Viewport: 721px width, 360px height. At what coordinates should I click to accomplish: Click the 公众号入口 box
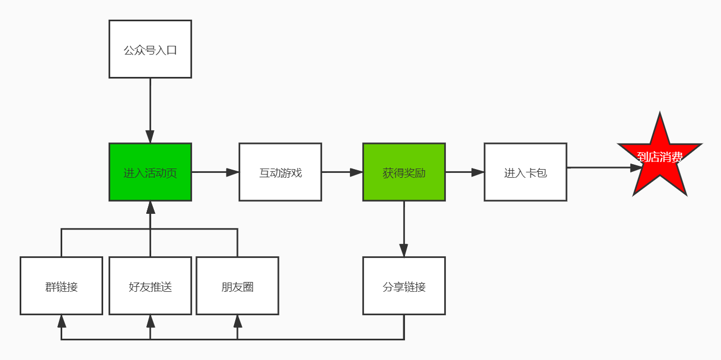pos(150,49)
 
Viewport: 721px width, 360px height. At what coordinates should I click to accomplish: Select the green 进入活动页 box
pos(150,172)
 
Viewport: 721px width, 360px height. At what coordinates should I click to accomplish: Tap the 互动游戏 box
pos(280,172)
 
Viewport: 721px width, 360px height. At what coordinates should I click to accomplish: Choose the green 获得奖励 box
pos(404,172)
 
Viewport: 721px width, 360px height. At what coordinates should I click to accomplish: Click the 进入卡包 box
pos(525,172)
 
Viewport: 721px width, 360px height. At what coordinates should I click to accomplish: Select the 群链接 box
pos(61,286)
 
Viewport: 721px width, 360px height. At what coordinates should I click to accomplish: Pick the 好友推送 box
pos(150,286)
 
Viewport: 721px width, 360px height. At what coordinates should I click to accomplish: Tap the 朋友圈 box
pos(237,286)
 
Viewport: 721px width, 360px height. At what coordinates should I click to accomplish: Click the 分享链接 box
pos(404,286)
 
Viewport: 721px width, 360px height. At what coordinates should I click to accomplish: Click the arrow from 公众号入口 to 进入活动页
pos(150,109)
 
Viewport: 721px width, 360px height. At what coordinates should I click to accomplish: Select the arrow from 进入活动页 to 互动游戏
pos(214,172)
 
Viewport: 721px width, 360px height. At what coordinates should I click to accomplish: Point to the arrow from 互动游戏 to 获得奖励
pos(342,172)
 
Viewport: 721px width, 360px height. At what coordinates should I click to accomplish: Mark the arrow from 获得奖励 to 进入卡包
pos(464,172)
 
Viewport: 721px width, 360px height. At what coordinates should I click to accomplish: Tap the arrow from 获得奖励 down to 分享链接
pos(404,229)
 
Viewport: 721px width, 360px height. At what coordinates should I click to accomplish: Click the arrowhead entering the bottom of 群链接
pos(61,321)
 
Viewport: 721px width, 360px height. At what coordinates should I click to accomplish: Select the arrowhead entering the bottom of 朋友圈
pos(237,321)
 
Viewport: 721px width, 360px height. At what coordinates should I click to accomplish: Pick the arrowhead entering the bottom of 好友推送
pos(151,321)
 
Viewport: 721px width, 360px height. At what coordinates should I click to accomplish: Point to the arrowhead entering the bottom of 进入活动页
pos(151,207)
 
